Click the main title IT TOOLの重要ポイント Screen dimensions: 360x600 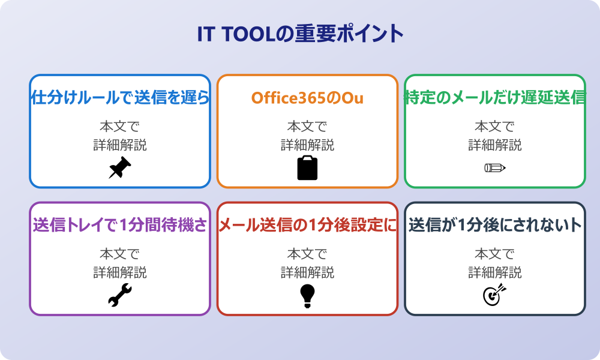[300, 34]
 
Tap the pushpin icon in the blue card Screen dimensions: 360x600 [120, 168]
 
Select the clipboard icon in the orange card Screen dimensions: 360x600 [307, 168]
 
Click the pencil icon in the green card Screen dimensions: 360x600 [495, 167]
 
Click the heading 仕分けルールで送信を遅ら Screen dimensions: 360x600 [120, 98]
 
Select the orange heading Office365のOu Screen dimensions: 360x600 [307, 98]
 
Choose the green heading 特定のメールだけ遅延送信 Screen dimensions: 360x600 [495, 98]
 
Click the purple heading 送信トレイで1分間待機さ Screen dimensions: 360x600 [120, 226]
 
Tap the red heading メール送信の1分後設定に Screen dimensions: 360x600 [307, 226]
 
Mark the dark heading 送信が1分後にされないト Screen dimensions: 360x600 [495, 226]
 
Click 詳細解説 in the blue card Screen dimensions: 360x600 [120, 145]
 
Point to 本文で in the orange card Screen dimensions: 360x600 [307, 127]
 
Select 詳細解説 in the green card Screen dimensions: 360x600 [495, 145]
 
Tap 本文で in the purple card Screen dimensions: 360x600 [120, 254]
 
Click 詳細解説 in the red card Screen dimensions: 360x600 [307, 273]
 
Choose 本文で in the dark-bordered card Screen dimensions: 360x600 [495, 254]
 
